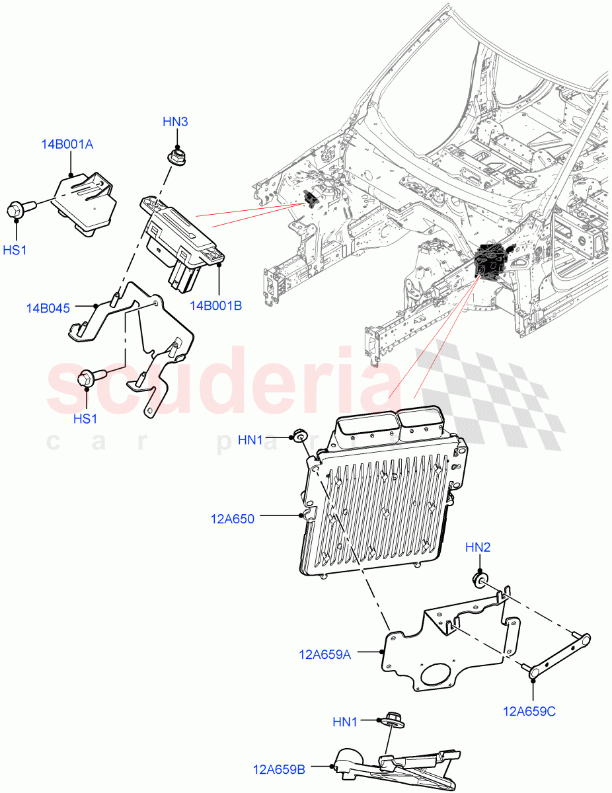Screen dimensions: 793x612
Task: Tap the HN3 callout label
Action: [176, 122]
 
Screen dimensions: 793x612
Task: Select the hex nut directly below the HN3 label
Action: [176, 158]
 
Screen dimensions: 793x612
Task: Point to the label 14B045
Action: [49, 308]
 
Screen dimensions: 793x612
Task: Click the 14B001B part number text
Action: [216, 306]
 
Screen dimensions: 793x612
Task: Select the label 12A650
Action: [233, 519]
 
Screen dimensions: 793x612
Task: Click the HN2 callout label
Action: [478, 547]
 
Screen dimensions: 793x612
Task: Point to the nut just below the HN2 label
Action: [479, 580]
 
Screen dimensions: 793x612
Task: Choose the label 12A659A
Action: [325, 655]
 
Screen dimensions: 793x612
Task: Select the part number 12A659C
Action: [529, 712]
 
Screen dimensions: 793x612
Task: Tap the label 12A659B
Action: [278, 769]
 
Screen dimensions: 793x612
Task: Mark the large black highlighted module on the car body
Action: [490, 262]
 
